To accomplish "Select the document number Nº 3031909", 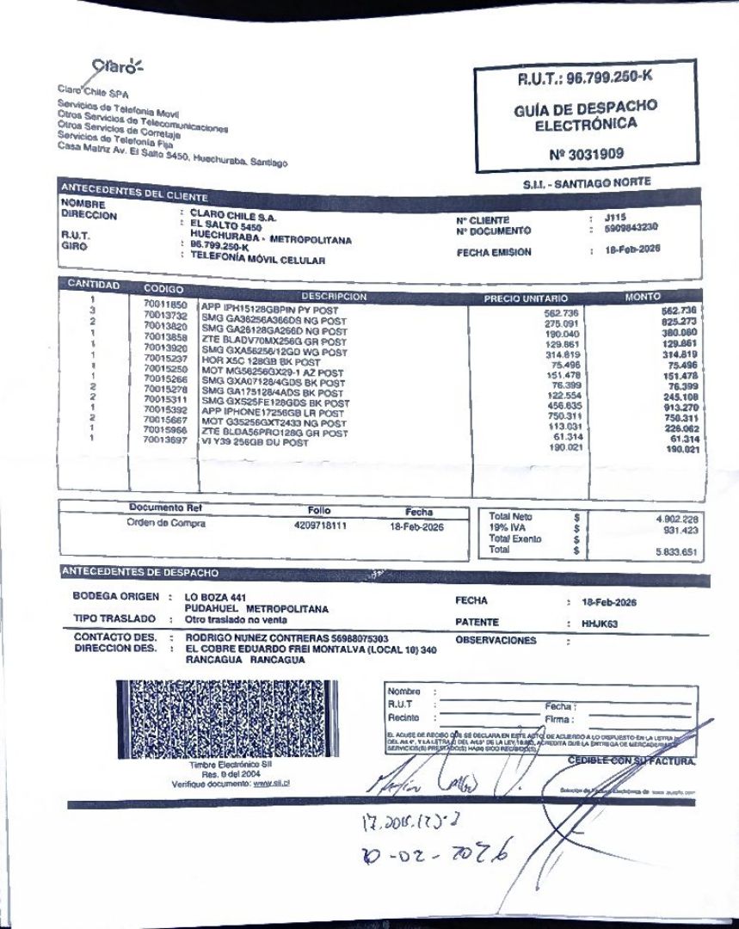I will point(586,155).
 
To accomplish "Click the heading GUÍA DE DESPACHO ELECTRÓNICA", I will point(586,115).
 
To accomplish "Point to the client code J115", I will point(614,218).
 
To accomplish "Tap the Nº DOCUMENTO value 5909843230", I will point(631,228).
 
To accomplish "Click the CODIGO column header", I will point(163,289).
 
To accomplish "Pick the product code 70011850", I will point(165,305).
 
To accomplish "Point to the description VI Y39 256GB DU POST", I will point(255,443).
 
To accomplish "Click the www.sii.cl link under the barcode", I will point(270,783).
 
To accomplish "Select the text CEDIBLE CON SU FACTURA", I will point(631,760).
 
